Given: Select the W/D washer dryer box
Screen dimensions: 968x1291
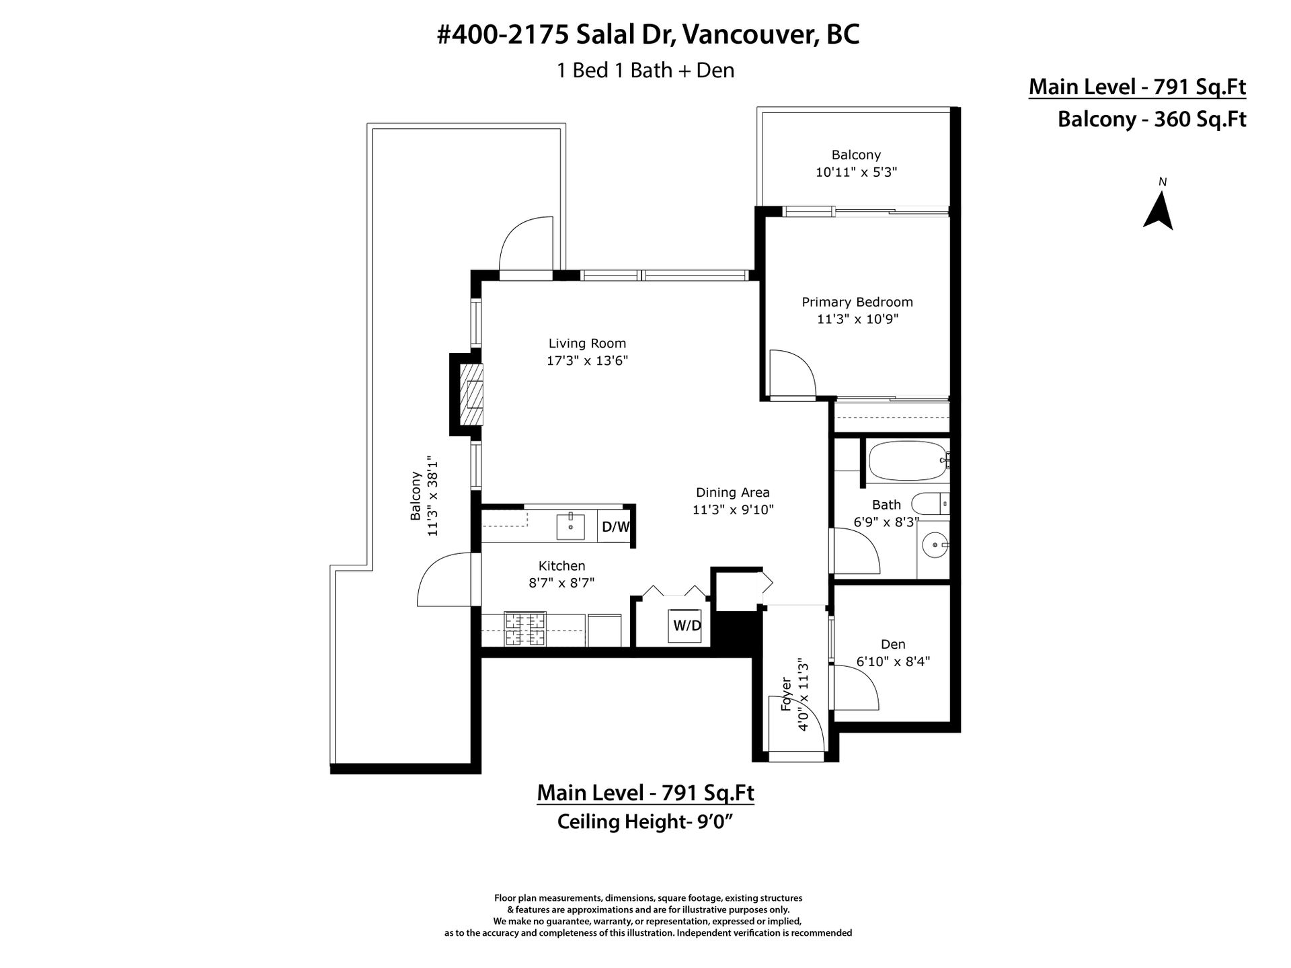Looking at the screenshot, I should [x=687, y=626].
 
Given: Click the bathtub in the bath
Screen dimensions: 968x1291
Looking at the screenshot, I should [x=907, y=460].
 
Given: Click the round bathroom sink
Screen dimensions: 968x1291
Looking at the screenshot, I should [x=934, y=544].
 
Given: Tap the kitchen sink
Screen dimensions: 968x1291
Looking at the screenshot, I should [x=572, y=526].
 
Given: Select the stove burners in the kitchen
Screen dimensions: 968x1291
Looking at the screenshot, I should [x=525, y=629].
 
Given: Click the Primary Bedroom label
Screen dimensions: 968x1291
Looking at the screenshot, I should [x=857, y=302].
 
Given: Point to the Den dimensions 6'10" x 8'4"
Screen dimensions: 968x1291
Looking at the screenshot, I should [x=893, y=661].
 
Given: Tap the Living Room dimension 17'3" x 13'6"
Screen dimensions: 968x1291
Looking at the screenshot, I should [x=587, y=361].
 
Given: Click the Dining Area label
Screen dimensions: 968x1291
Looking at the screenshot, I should [x=733, y=493].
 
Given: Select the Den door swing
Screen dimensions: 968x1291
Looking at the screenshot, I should [x=855, y=688].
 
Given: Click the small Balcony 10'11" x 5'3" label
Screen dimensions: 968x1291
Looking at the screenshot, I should [x=856, y=163].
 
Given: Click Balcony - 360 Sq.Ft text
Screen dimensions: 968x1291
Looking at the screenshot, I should [x=1152, y=120].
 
